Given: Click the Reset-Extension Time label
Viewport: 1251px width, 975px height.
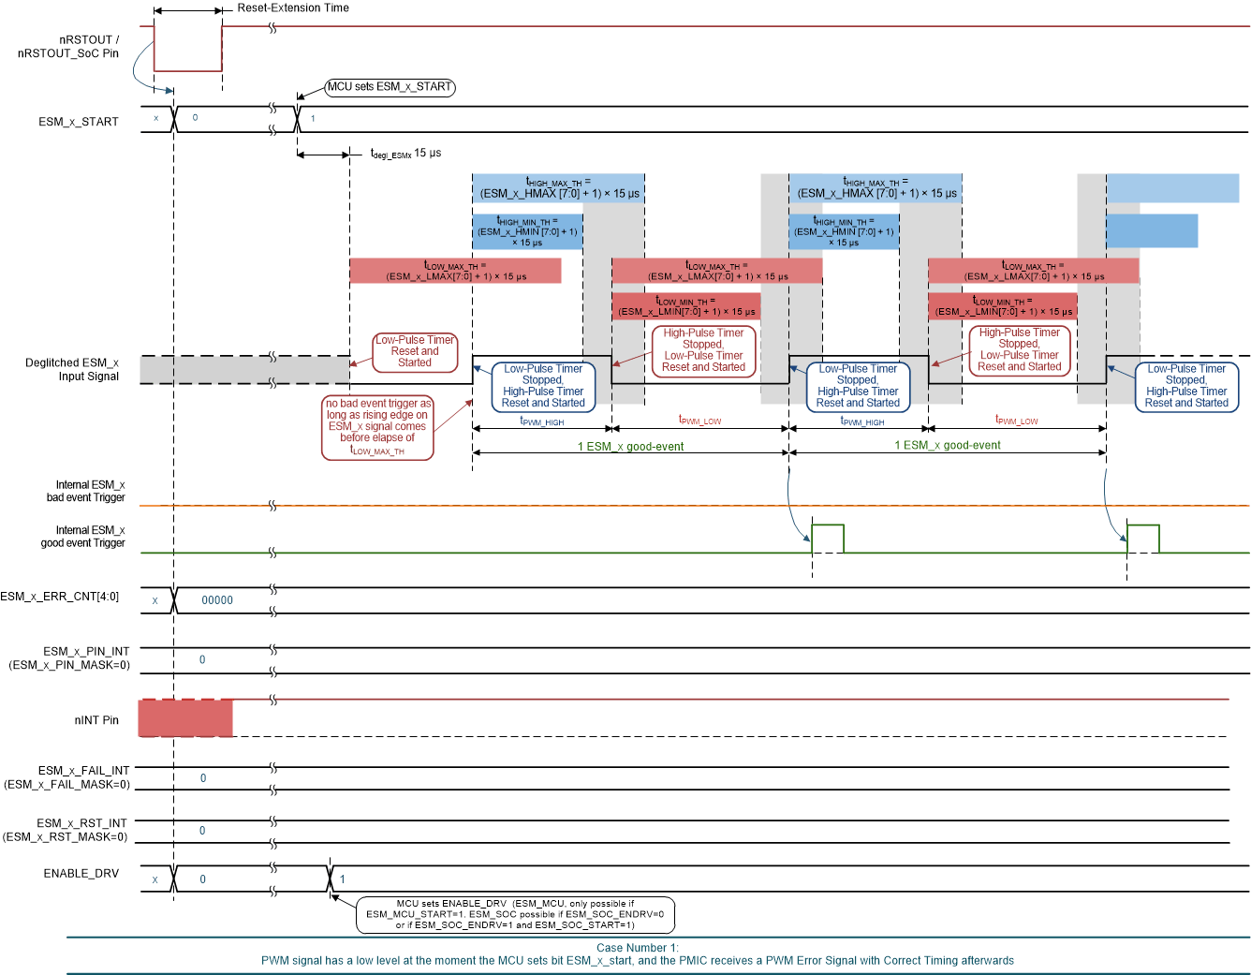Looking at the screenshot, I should [x=292, y=8].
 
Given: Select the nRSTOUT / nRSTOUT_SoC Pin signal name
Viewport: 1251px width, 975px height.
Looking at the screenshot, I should [x=68, y=47].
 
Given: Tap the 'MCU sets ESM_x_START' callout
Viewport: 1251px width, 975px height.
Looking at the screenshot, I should [x=390, y=87].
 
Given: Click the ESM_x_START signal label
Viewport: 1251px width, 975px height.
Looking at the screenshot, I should [x=79, y=122].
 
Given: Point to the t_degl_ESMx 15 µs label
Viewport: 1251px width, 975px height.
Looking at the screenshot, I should [x=405, y=154].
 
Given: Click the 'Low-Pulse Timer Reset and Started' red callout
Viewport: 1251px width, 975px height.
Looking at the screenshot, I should [x=415, y=352].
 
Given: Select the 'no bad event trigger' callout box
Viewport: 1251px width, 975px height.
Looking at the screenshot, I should [x=377, y=427].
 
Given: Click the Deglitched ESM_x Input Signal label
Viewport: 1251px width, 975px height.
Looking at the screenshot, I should [x=72, y=370].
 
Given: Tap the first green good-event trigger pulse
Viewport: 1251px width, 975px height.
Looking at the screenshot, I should [x=828, y=539].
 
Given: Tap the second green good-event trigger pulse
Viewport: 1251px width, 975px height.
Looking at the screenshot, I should [x=1142, y=539].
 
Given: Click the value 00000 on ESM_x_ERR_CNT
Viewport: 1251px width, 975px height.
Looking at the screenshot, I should [x=217, y=600].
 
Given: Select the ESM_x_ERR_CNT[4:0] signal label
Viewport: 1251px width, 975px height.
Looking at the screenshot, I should [x=60, y=597].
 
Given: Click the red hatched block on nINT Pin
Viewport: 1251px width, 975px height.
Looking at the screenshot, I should [x=185, y=718].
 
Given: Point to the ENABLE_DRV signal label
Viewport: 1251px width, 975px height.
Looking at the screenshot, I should [x=81, y=874].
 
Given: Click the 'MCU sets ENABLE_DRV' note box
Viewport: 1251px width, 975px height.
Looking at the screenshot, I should [x=515, y=915].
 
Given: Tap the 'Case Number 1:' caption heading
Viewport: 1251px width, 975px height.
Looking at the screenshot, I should [x=637, y=948].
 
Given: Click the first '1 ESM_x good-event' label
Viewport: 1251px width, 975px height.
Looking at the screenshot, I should [x=630, y=447].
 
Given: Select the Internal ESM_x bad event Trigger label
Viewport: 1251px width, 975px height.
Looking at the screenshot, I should [x=85, y=492].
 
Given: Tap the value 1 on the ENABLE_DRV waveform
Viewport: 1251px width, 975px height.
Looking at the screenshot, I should [x=343, y=879].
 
